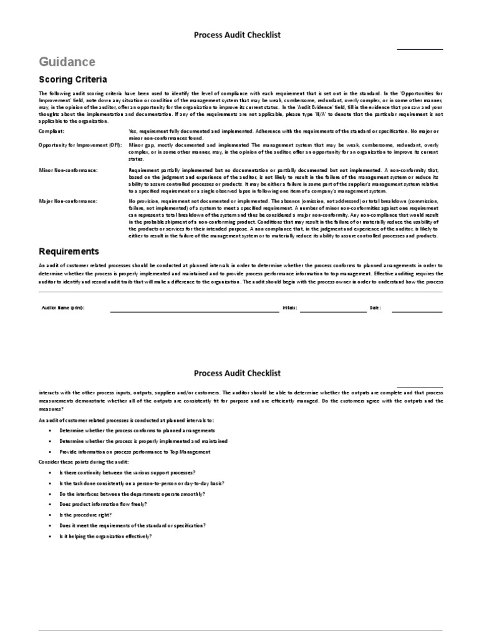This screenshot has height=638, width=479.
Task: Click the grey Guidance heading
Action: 67,62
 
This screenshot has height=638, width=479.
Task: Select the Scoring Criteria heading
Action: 73,80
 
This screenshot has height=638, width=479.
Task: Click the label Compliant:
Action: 52,131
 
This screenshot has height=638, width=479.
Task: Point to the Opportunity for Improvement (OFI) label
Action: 80,145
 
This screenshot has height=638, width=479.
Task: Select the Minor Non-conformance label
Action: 68,170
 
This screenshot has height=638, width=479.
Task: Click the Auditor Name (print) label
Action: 62,308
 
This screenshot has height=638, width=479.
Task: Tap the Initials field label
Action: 289,308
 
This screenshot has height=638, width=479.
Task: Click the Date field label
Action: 375,308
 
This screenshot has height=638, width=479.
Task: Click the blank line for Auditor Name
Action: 195,310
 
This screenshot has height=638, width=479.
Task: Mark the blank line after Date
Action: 417,310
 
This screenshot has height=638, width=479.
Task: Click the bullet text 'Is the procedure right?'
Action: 85,515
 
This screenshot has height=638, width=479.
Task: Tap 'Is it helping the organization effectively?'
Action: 105,536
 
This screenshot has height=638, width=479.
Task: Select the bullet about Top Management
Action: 135,452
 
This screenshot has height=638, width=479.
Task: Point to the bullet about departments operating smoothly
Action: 123,493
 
